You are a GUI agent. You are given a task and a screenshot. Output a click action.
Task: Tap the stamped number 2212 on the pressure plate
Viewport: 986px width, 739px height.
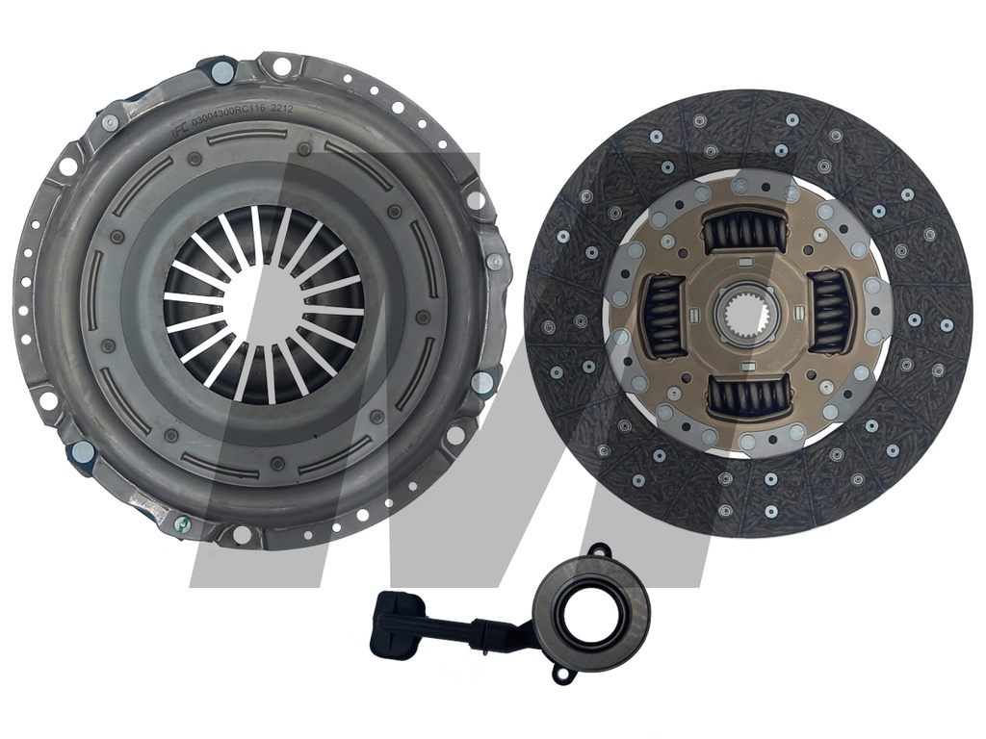click(x=280, y=110)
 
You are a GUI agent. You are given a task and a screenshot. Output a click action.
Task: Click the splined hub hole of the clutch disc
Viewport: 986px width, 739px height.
click(x=748, y=313)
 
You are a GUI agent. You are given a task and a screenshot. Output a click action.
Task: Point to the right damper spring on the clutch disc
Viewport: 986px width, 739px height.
click(x=828, y=311)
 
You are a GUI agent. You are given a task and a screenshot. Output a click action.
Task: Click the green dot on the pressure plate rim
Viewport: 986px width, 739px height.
click(x=177, y=523)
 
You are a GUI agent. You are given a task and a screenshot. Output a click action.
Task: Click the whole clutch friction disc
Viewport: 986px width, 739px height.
click(x=748, y=313)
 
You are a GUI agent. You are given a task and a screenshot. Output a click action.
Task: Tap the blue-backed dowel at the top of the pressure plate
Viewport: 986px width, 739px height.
click(x=221, y=70)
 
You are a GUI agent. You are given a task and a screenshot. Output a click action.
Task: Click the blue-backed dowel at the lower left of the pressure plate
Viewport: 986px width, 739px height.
click(x=80, y=452)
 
